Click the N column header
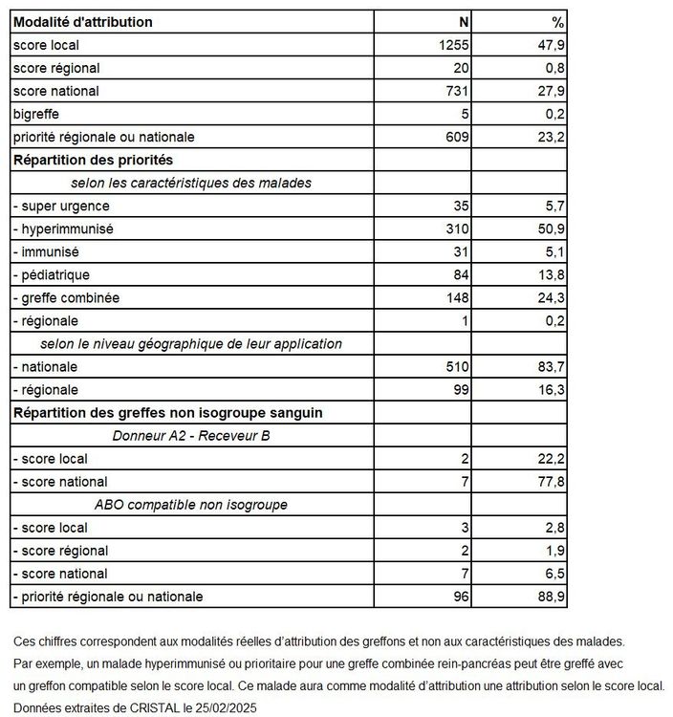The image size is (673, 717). [463, 22]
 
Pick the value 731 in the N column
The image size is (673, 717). [457, 91]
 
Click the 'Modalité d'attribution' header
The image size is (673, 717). [82, 22]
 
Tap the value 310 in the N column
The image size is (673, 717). [457, 228]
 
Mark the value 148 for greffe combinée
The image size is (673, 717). [457, 297]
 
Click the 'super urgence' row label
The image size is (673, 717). [61, 206]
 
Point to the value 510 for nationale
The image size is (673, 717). [457, 366]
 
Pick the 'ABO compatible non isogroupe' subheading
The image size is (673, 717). [191, 504]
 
